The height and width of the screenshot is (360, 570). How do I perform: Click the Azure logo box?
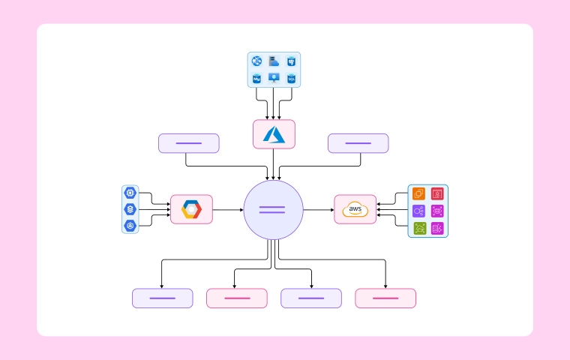pos(274,134)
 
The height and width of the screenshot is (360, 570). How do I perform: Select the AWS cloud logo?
pos(355,210)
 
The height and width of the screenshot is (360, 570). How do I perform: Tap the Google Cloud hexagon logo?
pos(191,210)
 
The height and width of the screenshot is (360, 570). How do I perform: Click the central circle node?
pos(273,210)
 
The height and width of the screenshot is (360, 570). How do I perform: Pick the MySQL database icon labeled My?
pos(256,78)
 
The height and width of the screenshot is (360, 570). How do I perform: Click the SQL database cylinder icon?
pos(291,78)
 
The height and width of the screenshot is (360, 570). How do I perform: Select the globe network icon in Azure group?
pos(256,61)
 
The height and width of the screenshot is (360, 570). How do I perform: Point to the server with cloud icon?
pos(274,61)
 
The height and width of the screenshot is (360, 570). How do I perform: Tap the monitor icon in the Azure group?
pos(274,78)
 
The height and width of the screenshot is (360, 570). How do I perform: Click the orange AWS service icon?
pos(418,194)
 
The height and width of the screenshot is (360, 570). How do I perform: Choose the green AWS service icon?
pos(418,228)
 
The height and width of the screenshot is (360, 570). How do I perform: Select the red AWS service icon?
pos(437,194)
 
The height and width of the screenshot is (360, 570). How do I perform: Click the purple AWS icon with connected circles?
pos(418,211)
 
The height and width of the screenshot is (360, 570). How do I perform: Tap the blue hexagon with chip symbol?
pos(130,193)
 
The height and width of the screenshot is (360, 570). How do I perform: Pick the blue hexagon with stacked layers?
pos(130,209)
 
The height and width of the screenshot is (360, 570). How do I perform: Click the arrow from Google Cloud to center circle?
pos(228,210)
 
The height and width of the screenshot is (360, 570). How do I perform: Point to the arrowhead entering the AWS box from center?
pos(331,210)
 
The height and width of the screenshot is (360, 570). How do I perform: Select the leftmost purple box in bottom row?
pos(163,298)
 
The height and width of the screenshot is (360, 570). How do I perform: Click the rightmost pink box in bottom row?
pos(385,298)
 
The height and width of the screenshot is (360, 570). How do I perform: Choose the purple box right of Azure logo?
pos(358,143)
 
